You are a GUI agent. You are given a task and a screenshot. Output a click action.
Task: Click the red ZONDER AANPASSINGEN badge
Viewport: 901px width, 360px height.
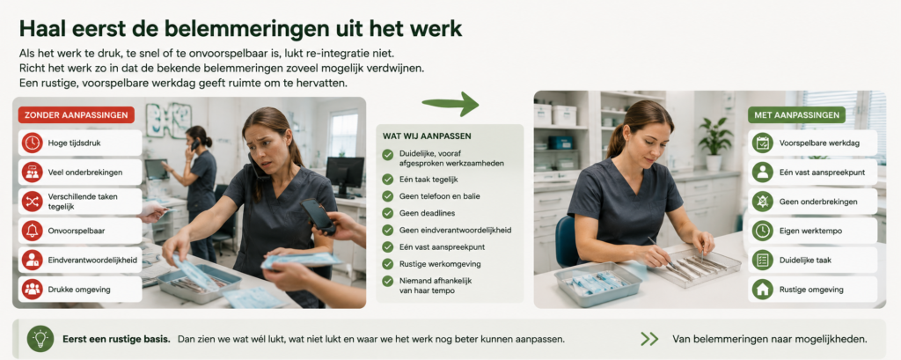coord(77,114)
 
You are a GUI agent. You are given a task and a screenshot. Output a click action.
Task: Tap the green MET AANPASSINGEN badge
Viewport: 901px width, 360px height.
coord(796,114)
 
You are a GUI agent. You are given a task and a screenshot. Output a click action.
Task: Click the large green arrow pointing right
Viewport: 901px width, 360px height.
coord(450,104)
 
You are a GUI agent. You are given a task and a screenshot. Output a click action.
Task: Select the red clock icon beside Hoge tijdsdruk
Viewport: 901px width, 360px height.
coord(33,143)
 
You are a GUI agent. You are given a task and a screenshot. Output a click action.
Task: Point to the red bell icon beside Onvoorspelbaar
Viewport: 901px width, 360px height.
coord(33,231)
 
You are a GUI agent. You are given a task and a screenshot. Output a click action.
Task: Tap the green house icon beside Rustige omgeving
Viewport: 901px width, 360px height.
coord(763,290)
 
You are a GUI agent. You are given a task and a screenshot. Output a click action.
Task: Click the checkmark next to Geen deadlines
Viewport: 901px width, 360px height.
coord(388,213)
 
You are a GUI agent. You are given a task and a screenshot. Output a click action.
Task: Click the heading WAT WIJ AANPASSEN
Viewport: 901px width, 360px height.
coord(427,136)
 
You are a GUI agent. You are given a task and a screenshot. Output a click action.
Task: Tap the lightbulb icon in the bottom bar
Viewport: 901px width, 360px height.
coord(40,339)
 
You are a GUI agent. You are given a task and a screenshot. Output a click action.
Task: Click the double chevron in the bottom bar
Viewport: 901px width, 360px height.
coord(649,339)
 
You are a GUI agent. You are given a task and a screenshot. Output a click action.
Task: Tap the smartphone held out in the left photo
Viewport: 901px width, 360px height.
coord(318,215)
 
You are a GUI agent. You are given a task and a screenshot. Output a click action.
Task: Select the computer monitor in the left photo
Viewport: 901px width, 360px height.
coord(345,175)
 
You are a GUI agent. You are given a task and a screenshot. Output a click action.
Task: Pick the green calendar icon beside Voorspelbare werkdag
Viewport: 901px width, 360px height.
coord(763,143)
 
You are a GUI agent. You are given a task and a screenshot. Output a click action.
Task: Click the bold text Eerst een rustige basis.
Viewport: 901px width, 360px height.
coord(116,339)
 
